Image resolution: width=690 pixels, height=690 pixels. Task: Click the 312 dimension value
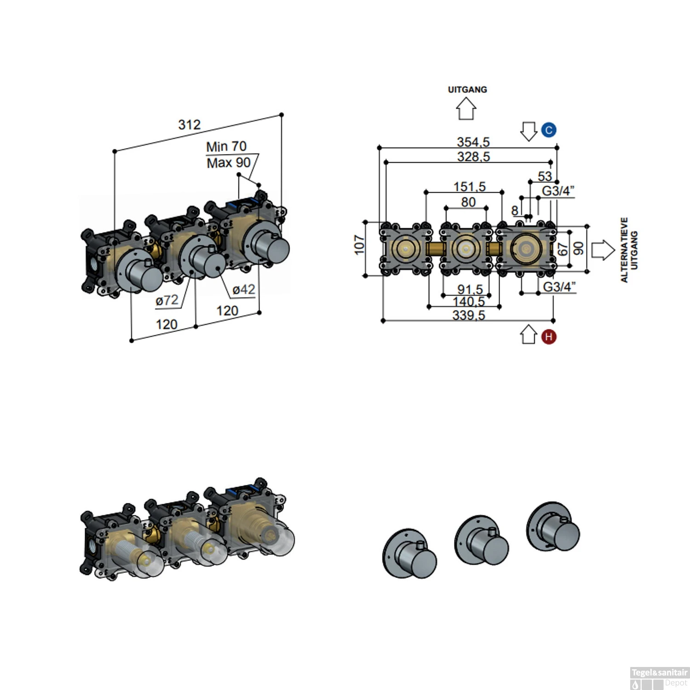(190, 125)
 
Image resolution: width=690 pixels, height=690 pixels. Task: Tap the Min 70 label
(226, 147)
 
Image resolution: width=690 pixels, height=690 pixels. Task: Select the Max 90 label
(229, 163)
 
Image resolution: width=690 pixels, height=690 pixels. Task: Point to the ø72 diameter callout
(167, 300)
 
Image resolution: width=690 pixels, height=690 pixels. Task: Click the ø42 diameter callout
(243, 290)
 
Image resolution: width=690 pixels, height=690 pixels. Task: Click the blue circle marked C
(548, 130)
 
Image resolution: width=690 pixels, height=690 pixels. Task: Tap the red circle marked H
(548, 337)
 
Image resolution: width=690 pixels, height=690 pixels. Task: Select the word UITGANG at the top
(467, 90)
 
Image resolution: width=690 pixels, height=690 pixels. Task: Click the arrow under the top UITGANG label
(466, 110)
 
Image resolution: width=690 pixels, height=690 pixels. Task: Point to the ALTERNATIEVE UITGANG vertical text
(629, 250)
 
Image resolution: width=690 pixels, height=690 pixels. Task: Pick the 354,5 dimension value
(473, 142)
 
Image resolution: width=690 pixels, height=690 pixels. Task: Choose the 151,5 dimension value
(469, 187)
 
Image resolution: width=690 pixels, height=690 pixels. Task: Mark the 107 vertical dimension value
(359, 244)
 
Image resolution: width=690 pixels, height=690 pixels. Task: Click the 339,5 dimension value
(468, 315)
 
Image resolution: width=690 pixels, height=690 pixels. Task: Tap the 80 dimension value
(468, 202)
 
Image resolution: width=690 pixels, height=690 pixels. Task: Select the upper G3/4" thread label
(558, 191)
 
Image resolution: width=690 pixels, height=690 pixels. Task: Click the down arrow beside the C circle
(529, 131)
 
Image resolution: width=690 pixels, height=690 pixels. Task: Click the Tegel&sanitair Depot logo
(659, 678)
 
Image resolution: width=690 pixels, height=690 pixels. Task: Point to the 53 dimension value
(545, 176)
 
